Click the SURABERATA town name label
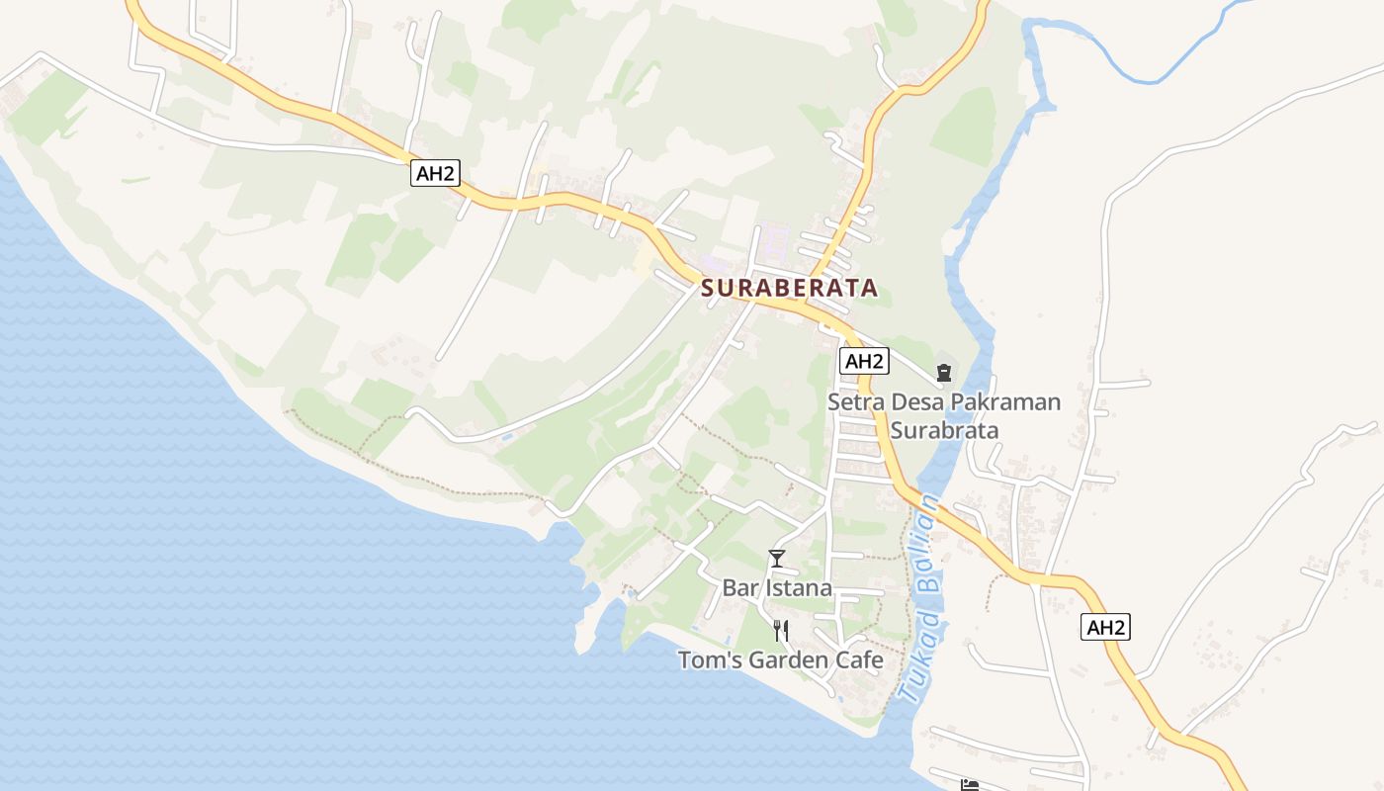[789, 288]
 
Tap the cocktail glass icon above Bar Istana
[777, 559]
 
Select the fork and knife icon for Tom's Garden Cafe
[781, 630]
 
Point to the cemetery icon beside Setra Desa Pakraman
[943, 373]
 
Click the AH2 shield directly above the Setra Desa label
[863, 361]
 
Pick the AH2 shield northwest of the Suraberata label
[435, 173]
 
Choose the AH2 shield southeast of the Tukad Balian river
[1105, 627]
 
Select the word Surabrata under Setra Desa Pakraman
[944, 430]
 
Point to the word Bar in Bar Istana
[739, 587]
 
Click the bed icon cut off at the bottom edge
[970, 785]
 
